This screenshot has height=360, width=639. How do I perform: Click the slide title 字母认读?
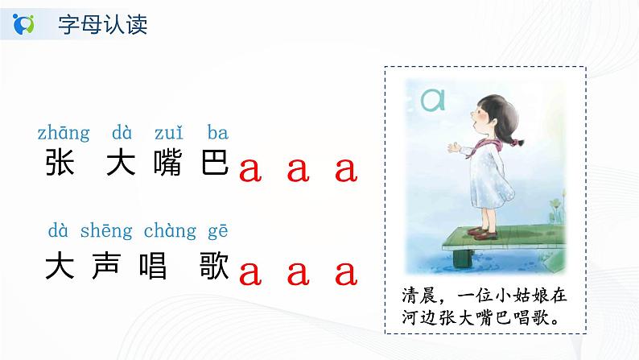click(102, 24)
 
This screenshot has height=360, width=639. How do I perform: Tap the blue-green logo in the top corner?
click(23, 23)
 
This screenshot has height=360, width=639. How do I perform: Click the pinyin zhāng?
click(64, 134)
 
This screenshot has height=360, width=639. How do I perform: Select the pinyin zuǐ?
click(169, 133)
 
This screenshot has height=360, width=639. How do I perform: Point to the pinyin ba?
click(217, 133)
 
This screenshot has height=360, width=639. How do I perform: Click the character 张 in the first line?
click(60, 162)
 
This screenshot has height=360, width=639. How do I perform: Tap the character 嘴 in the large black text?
click(167, 162)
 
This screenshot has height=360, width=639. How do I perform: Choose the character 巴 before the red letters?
click(215, 162)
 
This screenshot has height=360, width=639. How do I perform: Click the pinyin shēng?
click(106, 231)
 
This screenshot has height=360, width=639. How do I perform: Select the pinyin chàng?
click(170, 231)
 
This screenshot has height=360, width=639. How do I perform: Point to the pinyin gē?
click(217, 231)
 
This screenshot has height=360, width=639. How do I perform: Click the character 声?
click(106, 266)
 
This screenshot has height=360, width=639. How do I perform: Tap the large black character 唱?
click(153, 266)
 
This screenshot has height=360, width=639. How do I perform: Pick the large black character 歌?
click(214, 266)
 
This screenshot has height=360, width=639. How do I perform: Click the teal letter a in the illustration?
click(433, 100)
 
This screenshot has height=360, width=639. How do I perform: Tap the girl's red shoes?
click(484, 234)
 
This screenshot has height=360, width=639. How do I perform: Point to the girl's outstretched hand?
click(453, 147)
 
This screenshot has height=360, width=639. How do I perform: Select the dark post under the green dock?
click(463, 258)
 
